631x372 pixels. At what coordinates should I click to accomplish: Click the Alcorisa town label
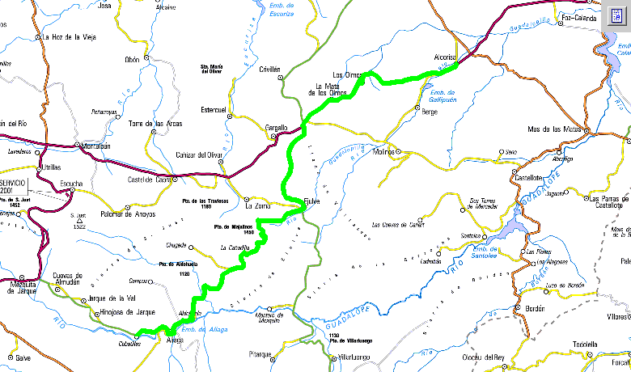pyautogui.click(x=446, y=57)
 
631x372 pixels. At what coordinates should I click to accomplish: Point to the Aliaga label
pyautogui.click(x=175, y=340)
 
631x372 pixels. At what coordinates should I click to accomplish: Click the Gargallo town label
pyautogui.click(x=277, y=128)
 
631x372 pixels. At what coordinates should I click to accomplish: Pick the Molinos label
pyautogui.click(x=383, y=151)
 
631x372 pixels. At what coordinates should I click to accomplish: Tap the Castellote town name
pyautogui.click(x=529, y=177)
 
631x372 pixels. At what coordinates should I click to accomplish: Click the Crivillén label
pyautogui.click(x=269, y=70)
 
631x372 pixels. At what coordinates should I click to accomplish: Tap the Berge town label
pyautogui.click(x=430, y=112)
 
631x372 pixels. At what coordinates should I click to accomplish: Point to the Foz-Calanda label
pyautogui.click(x=578, y=17)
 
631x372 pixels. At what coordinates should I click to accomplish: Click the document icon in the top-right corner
pyautogui.click(x=617, y=15)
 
